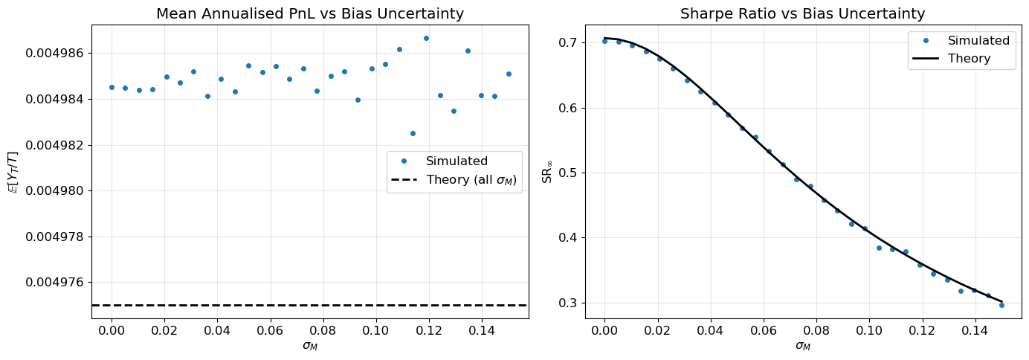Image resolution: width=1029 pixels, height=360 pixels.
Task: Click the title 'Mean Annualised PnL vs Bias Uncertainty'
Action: click(310, 13)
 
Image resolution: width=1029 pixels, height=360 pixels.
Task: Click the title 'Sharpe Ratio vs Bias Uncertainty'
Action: click(803, 13)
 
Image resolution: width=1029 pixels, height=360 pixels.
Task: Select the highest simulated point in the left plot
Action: click(426, 38)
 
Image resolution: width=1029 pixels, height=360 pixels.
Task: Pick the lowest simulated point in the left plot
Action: click(413, 133)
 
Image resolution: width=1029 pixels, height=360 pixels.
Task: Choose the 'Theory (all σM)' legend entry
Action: click(471, 180)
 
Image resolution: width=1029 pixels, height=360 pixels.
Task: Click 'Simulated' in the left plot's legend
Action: click(457, 161)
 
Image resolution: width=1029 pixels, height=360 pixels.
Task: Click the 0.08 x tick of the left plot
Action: click(323, 330)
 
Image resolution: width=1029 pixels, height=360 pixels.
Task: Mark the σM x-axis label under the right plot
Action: click(803, 345)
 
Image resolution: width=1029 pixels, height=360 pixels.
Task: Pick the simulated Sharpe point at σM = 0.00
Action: click(604, 41)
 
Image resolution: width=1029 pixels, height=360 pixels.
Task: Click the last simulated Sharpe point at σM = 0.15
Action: click(1001, 305)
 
